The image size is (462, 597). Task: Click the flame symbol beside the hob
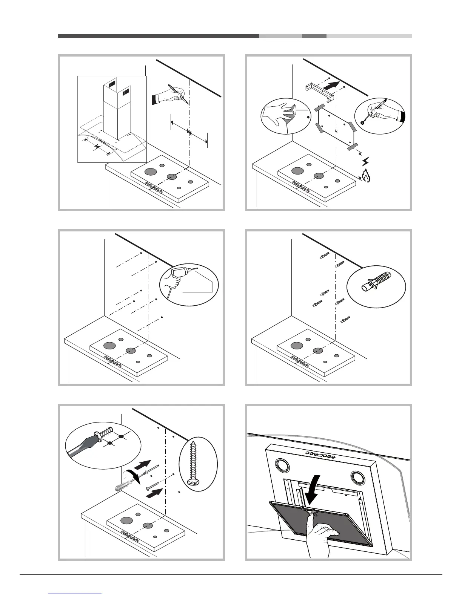click(x=366, y=176)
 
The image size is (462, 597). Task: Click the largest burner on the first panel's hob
click(x=150, y=172)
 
